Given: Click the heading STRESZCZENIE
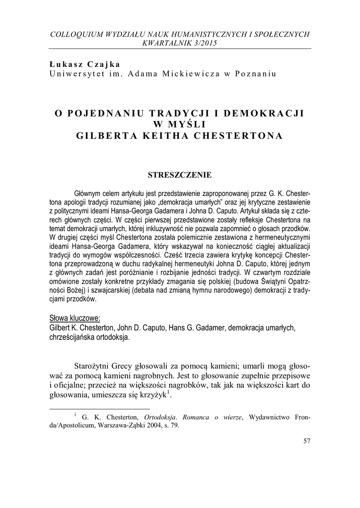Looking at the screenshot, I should pos(180,175).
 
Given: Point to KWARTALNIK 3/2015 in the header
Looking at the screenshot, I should pos(180,43).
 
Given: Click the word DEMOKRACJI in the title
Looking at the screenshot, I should pos(267,113).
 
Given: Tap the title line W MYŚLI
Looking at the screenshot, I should pos(180,124).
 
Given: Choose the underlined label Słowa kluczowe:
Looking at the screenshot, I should pos(75,317).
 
